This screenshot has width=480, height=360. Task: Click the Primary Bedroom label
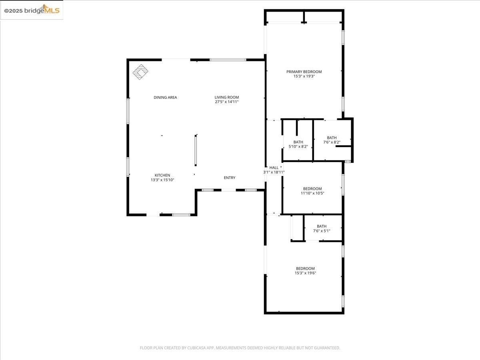[x=304, y=72]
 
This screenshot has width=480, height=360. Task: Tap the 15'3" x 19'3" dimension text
[x=304, y=76]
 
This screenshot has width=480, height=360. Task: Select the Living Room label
[x=227, y=97]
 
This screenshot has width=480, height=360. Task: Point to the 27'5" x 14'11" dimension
[x=227, y=102]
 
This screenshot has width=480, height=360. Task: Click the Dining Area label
[x=165, y=98]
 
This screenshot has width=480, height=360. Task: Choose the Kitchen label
[x=162, y=175]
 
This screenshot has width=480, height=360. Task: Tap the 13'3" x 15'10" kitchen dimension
[x=162, y=180]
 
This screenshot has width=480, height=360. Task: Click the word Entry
[x=230, y=178]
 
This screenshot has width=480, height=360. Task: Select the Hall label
[x=274, y=168]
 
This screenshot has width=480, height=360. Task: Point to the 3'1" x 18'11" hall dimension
[x=274, y=172]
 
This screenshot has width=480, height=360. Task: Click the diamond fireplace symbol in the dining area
[x=140, y=72]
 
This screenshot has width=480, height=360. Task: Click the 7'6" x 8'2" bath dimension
[x=332, y=142]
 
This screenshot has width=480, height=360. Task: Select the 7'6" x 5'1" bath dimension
[x=322, y=231]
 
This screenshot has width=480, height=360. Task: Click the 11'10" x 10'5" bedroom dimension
[x=312, y=193]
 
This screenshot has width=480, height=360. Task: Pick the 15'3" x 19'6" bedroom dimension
[x=305, y=273]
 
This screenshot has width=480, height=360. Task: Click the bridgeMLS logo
[x=32, y=10]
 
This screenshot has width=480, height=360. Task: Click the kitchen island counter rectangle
[x=196, y=150]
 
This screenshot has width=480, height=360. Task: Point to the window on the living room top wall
[x=228, y=60]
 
